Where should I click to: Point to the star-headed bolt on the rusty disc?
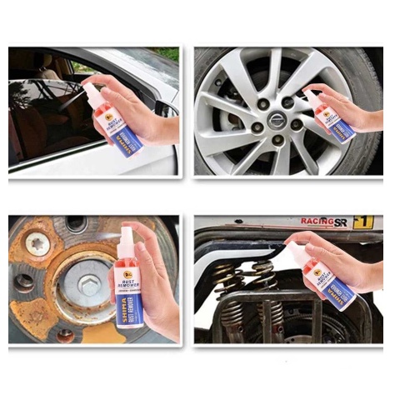[37, 243]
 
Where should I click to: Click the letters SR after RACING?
[340, 222]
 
